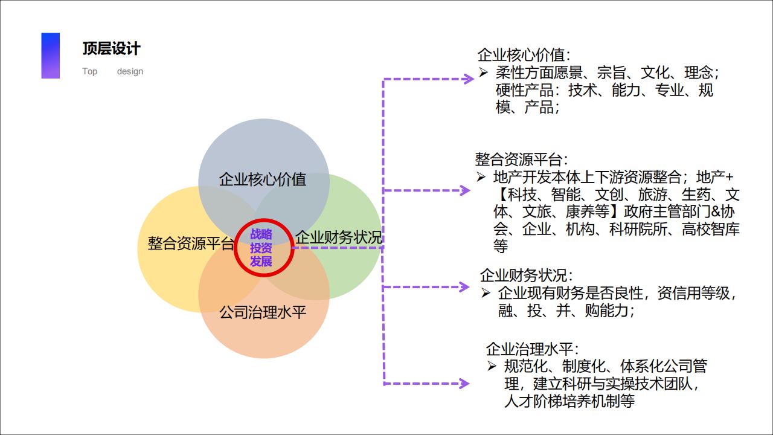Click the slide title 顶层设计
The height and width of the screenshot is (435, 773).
112,48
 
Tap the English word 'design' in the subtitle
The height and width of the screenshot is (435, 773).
130,71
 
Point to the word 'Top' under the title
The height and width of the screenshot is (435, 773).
89,71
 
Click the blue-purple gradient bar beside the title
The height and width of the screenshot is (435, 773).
51,56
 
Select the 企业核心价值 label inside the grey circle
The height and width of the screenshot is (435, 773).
263,179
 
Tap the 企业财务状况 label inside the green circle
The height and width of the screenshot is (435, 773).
338,237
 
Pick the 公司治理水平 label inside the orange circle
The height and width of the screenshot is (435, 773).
263,312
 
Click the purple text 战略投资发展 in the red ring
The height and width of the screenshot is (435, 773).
261,248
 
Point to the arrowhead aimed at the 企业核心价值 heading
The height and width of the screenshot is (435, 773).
468,79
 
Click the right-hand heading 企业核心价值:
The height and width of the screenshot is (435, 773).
523,55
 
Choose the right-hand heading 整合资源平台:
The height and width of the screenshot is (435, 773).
521,159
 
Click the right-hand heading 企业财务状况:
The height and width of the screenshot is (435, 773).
526,275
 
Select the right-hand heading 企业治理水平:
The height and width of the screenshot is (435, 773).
532,349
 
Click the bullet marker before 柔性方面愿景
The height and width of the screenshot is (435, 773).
483,73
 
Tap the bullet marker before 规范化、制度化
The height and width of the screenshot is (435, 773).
492,366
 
